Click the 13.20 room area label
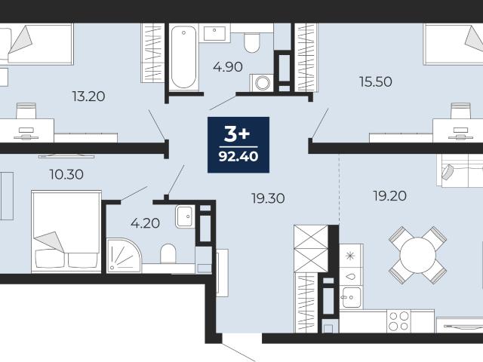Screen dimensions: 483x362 coord(89,97)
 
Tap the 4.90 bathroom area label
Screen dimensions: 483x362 coord(228,67)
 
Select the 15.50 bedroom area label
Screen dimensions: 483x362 coord(376,81)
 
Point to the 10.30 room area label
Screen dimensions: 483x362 coord(66,174)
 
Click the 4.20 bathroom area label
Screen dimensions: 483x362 coord(145,223)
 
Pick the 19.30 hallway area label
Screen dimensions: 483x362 coord(268,198)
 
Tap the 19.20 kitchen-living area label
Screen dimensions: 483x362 coord(390,196)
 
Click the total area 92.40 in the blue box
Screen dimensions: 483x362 coord(238,157)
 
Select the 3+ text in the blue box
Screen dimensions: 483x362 coord(237,134)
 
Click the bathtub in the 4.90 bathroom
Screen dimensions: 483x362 coord(183,57)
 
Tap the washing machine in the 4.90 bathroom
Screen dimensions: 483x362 coord(262,82)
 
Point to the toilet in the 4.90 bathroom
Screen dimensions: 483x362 coord(252,43)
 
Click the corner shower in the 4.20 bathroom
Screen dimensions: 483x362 coord(124,256)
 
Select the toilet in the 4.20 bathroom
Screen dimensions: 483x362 coord(168,253)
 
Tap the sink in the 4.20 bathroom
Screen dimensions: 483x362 coord(185,216)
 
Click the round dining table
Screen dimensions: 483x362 coord(417,255)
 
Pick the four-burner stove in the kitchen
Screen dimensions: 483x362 coord(399,321)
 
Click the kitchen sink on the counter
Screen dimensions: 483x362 coord(352,297)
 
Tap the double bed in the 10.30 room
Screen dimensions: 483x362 coord(66,232)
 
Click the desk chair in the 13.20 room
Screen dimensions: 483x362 coord(26,111)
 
